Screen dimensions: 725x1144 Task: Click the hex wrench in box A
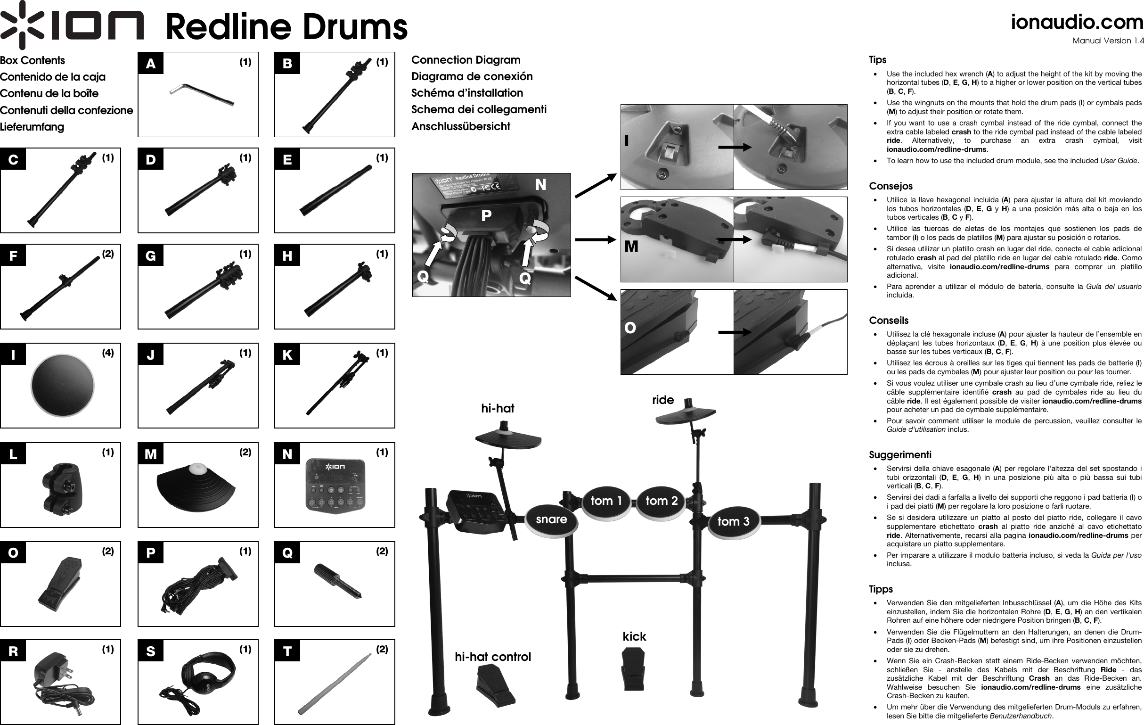coord(202,95)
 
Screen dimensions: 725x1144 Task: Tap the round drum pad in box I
coord(62,386)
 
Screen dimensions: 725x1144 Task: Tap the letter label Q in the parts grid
coord(287,553)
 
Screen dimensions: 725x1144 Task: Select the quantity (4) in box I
coord(108,353)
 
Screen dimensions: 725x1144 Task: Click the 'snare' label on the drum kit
coord(551,519)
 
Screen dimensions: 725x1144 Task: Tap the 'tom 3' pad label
coord(733,521)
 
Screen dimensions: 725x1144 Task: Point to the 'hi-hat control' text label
coord(493,657)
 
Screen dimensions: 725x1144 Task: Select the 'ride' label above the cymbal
coord(663,400)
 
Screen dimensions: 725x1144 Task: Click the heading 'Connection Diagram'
coord(466,60)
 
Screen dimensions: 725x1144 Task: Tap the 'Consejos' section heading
coord(891,186)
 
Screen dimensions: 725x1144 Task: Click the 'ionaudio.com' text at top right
coord(1076,22)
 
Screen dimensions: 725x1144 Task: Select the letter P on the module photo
coord(486,216)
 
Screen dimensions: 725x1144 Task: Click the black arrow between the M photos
coord(735,239)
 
